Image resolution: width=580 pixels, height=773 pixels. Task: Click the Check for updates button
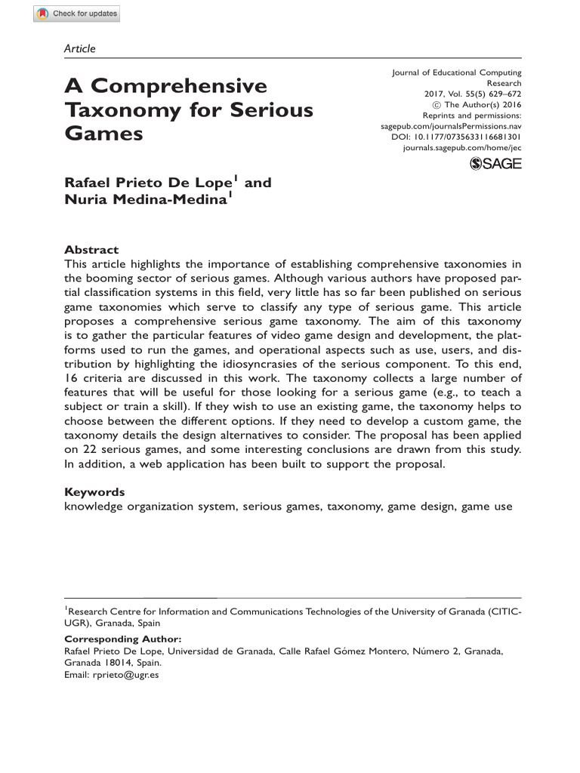76,14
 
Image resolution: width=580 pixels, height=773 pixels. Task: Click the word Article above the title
80,49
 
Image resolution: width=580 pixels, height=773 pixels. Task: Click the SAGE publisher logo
495,164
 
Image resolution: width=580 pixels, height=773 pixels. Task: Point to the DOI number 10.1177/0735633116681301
473,137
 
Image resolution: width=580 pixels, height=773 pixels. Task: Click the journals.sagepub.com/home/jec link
463,148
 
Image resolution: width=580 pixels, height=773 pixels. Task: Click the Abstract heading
91,250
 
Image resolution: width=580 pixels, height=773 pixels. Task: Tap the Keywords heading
94,492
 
